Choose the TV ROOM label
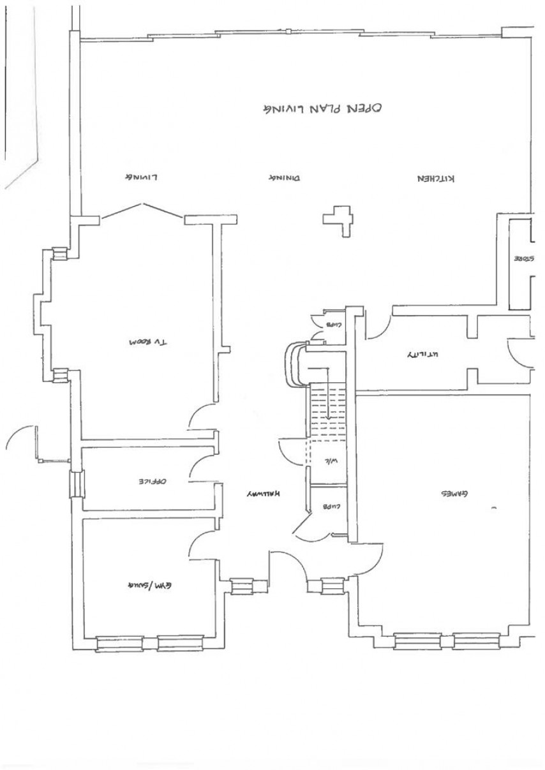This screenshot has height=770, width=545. [147, 343]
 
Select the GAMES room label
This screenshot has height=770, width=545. [451, 494]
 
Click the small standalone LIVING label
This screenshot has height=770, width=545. [140, 177]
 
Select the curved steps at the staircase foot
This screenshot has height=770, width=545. [294, 364]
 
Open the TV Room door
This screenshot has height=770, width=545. [203, 417]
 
